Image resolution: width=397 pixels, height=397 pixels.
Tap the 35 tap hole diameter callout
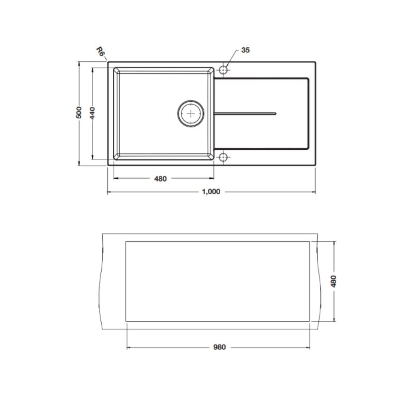[245, 50]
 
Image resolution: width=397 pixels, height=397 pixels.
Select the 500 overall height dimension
[79, 112]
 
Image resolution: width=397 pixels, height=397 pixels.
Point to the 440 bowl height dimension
[93, 113]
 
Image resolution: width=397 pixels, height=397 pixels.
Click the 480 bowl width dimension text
[160, 179]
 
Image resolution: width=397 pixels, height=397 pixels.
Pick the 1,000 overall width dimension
[211, 192]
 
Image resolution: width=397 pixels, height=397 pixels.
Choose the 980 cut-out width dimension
[219, 347]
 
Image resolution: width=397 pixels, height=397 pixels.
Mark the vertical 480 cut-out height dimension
[334, 281]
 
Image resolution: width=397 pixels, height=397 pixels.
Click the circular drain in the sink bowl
[191, 114]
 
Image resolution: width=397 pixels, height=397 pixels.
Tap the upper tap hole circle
[223, 69]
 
